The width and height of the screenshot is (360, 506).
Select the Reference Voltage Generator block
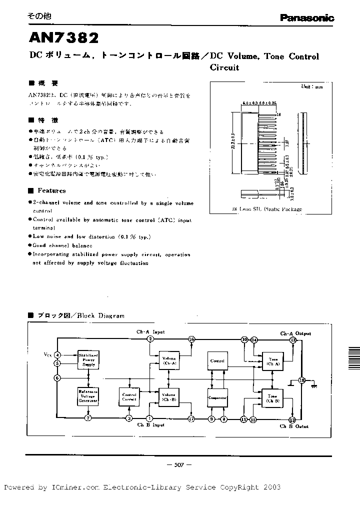[x=88, y=395]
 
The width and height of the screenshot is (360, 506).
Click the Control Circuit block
[x=129, y=397]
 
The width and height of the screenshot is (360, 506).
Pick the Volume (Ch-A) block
[x=169, y=360]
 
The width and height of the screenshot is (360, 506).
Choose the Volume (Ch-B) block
[x=169, y=397]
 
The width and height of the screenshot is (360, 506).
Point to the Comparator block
[x=217, y=397]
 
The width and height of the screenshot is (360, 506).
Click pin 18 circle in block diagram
[x=301, y=380]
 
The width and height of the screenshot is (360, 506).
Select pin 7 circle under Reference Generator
[x=88, y=418]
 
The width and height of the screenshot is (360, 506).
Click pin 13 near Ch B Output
[x=292, y=419]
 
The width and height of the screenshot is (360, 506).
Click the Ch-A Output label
[x=295, y=333]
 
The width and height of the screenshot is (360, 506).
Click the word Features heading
[x=51, y=190]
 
